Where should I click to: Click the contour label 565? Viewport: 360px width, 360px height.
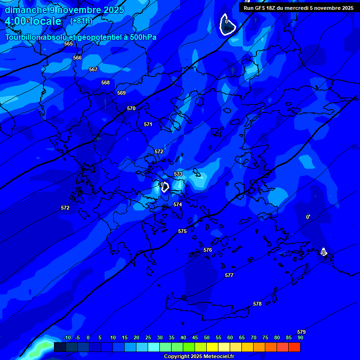[x=68, y=44]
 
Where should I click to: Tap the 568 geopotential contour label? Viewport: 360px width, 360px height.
[x=105, y=83]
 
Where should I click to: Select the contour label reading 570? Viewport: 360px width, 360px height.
[x=131, y=109]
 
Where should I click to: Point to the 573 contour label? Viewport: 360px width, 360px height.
[x=178, y=174]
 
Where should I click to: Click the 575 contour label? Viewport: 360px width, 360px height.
[x=182, y=232]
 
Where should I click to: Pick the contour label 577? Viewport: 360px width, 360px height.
[x=229, y=276]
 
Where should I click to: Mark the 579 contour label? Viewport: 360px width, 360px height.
[x=301, y=332]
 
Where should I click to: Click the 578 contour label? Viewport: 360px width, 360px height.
[x=257, y=304]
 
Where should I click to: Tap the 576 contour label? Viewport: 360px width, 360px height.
[x=208, y=250]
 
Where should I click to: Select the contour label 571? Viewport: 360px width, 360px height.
[x=148, y=125]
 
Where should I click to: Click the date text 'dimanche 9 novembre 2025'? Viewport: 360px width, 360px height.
[x=65, y=10]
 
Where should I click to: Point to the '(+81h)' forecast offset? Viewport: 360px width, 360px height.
[x=81, y=21]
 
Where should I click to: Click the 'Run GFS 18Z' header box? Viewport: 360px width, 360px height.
[x=299, y=8]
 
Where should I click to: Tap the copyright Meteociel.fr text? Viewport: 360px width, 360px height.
[x=199, y=357]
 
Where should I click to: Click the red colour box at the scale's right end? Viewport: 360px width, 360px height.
[x=294, y=347]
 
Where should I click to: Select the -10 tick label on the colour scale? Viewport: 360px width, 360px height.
[x=67, y=338]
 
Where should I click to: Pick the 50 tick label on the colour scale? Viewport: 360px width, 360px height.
[x=207, y=338]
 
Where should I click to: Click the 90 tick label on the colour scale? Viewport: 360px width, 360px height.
[x=300, y=338]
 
